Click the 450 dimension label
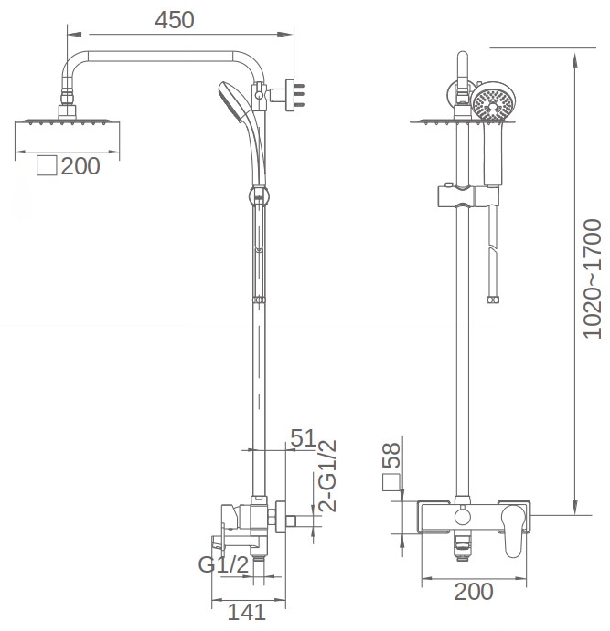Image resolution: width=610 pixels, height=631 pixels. [175, 20]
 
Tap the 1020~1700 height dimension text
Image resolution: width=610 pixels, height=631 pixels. [593, 279]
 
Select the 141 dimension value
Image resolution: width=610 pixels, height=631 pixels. [247, 612]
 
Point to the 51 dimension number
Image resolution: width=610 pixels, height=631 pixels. [304, 437]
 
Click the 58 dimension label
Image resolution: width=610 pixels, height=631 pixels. [391, 455]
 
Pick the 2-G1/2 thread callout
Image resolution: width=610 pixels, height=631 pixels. [327, 476]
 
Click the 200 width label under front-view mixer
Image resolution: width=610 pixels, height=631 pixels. [474, 591]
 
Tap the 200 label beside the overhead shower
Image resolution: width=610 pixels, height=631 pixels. [80, 166]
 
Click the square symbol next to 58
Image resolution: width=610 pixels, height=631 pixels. [391, 482]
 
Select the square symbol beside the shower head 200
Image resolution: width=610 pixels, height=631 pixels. [47, 165]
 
